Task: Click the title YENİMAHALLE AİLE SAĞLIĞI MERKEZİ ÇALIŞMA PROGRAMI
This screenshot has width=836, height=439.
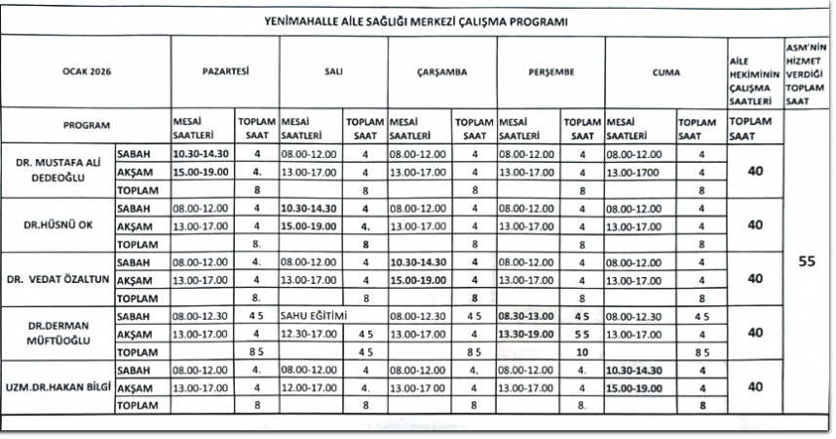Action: coord(416,21)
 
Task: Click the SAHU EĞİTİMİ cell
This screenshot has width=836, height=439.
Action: coord(314,316)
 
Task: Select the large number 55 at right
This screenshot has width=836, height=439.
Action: coord(807,261)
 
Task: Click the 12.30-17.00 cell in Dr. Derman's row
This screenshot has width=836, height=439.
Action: coord(309,334)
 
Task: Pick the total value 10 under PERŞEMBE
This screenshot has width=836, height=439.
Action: coord(581,350)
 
